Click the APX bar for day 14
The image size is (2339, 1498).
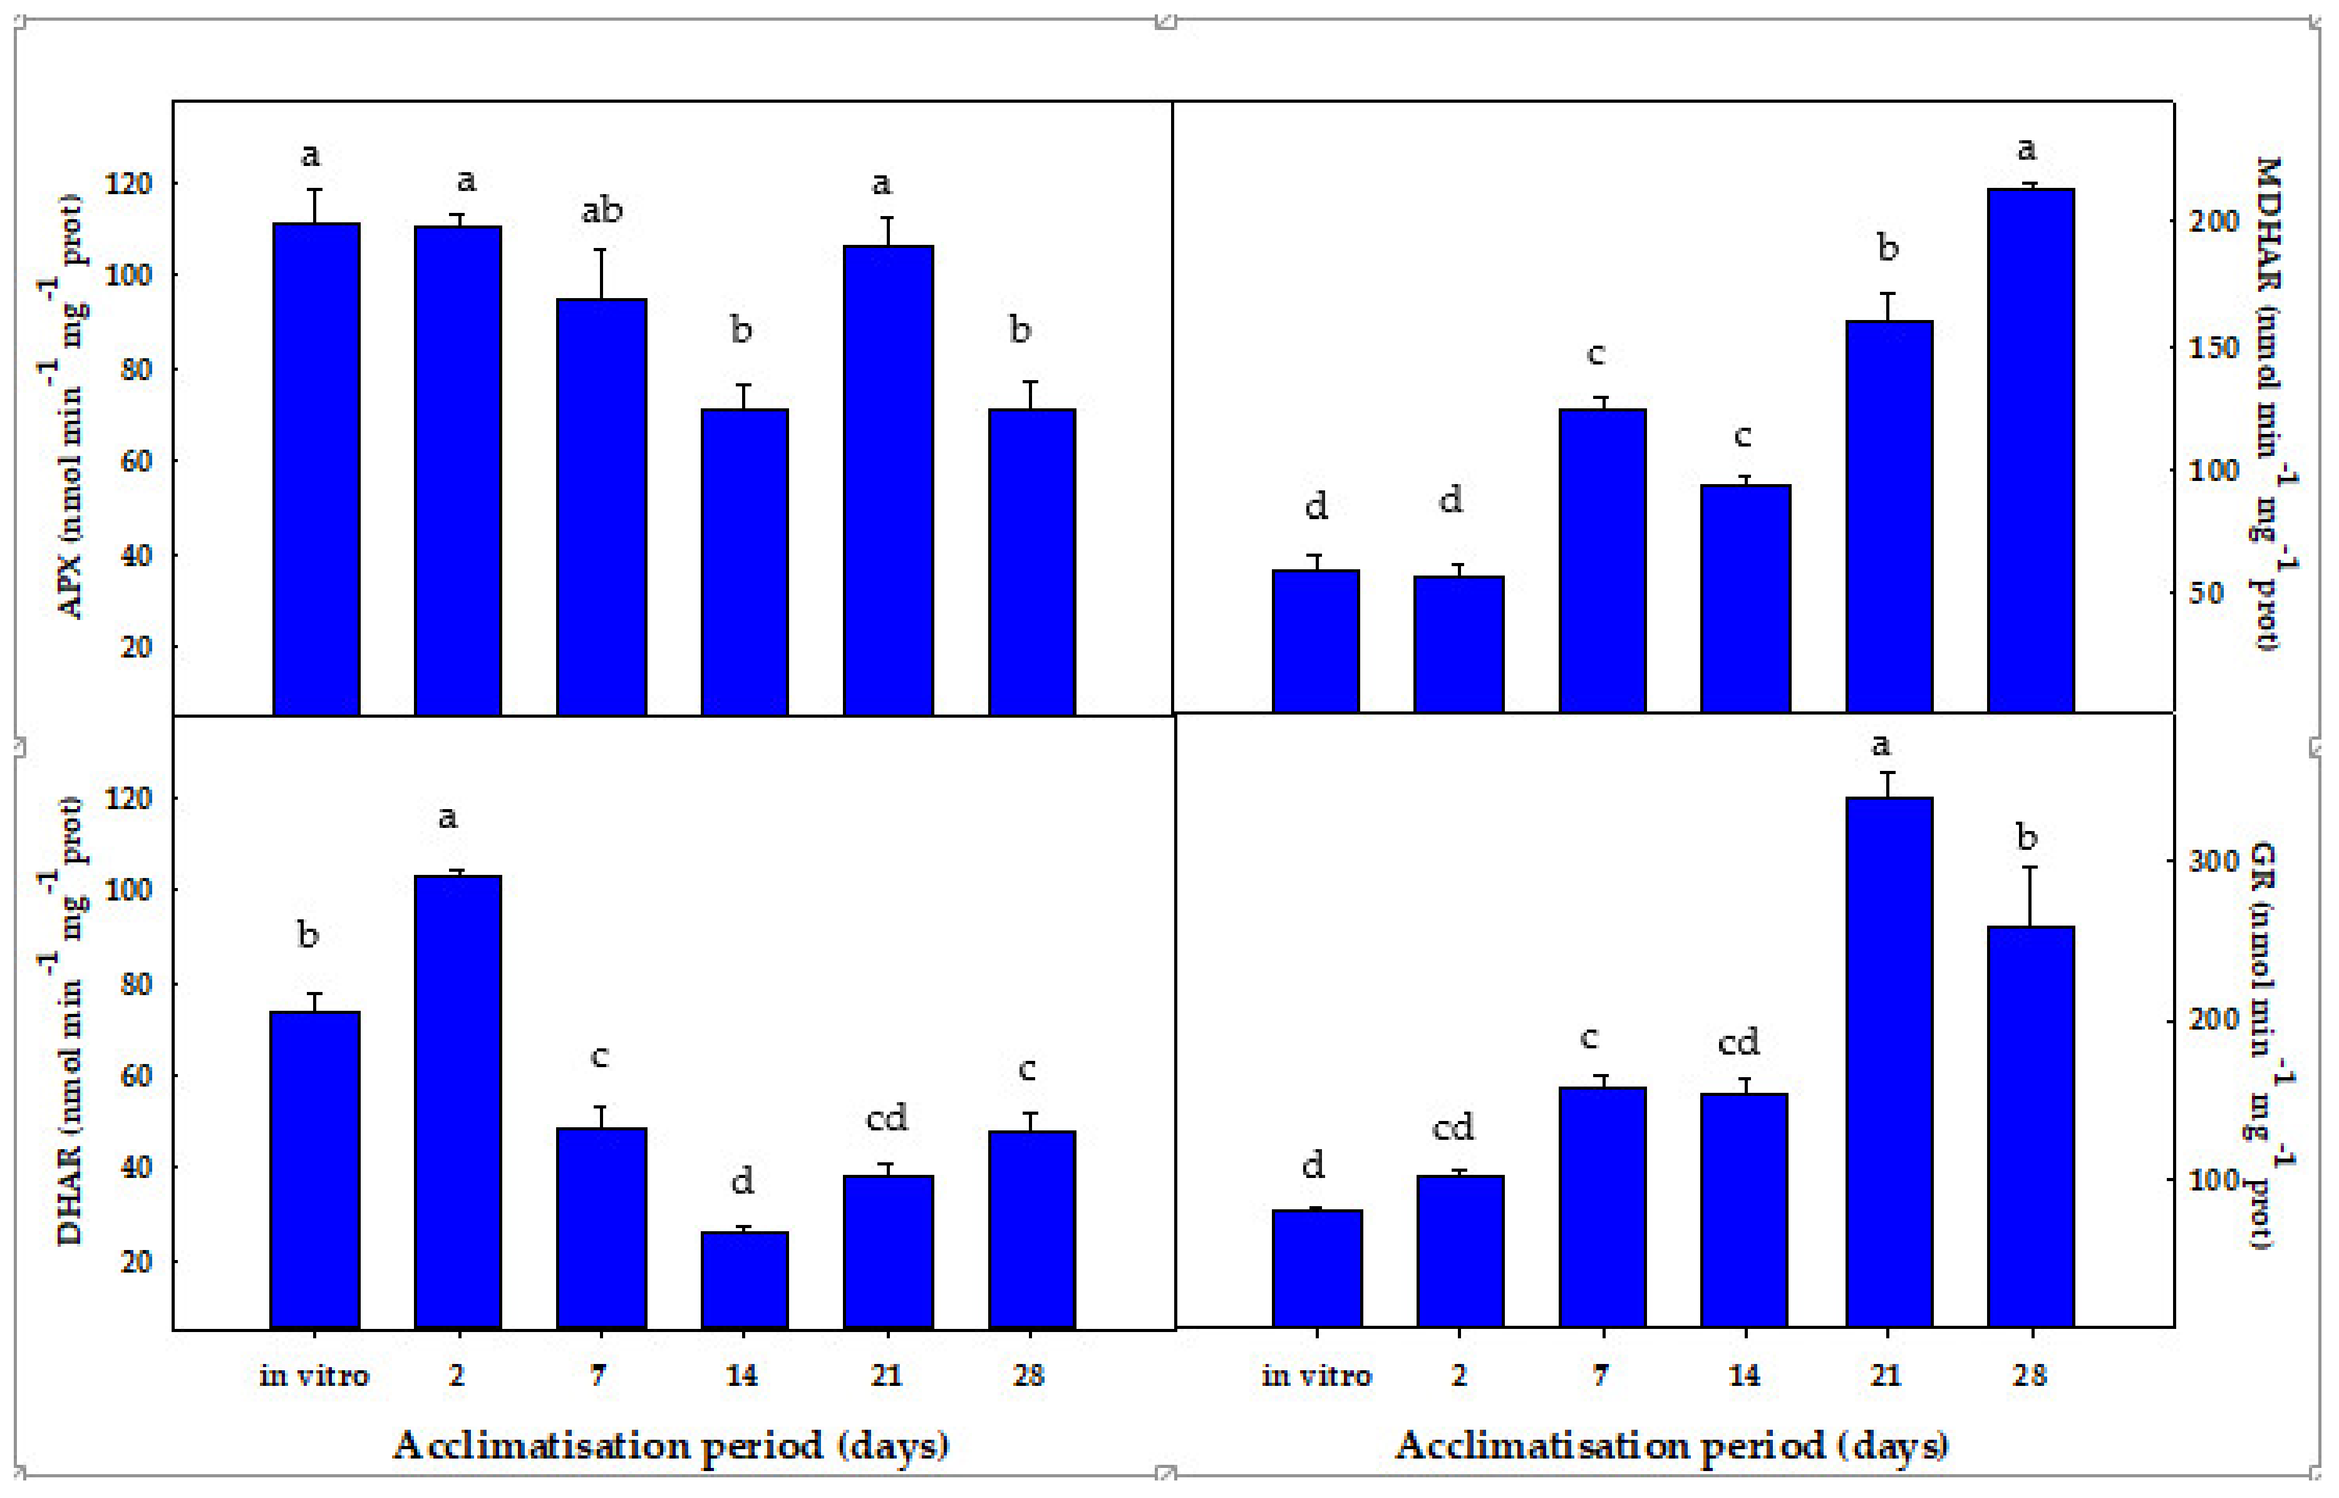(x=744, y=562)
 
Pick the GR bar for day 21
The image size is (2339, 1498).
(x=1889, y=1062)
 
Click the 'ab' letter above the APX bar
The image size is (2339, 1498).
(x=602, y=211)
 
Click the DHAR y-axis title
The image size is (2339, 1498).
(x=70, y=1021)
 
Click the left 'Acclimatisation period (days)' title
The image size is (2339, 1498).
(x=671, y=1445)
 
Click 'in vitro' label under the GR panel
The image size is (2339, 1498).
(x=1316, y=1375)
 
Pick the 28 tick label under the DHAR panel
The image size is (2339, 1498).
(x=1028, y=1375)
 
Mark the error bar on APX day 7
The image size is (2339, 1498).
(x=602, y=274)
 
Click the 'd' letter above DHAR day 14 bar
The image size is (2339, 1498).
(x=742, y=1182)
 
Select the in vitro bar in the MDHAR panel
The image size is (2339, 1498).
(x=1316, y=642)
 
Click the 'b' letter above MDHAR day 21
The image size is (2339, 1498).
(x=1887, y=248)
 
